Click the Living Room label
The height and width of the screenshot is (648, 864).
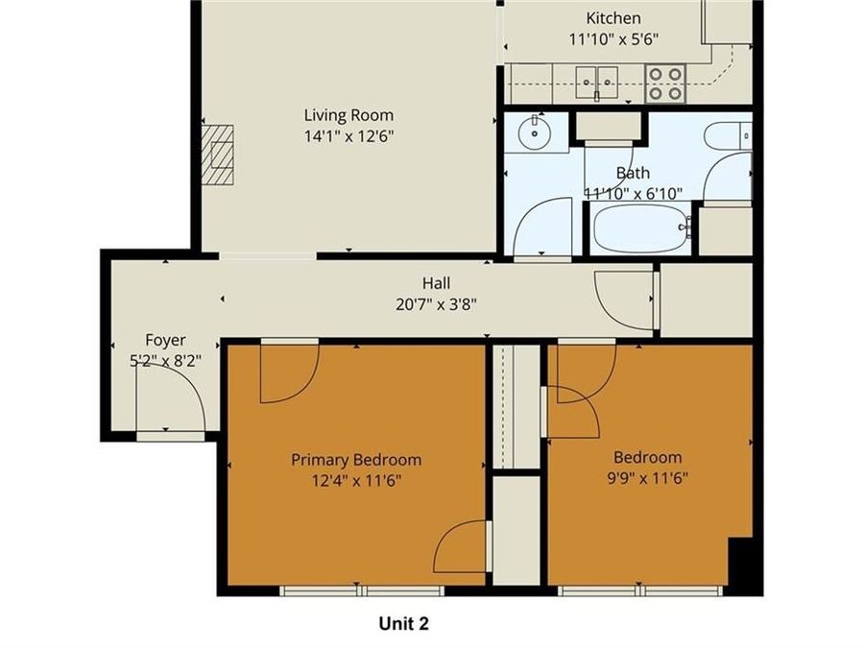pyautogui.click(x=348, y=116)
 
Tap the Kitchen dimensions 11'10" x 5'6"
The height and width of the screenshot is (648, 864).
pyautogui.click(x=612, y=39)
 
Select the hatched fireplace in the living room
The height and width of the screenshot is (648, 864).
pyautogui.click(x=221, y=154)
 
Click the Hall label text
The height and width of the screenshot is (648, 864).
pyautogui.click(x=436, y=283)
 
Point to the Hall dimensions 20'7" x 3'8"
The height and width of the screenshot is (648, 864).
pyautogui.click(x=436, y=303)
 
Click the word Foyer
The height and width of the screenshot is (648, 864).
pyautogui.click(x=165, y=340)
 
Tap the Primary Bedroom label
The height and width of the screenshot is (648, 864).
pyautogui.click(x=356, y=460)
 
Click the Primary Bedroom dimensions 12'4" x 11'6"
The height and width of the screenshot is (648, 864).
pyautogui.click(x=356, y=479)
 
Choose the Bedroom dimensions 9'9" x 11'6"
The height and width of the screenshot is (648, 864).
pyautogui.click(x=647, y=477)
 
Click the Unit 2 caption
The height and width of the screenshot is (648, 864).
pyautogui.click(x=403, y=624)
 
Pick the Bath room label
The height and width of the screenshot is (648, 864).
pyautogui.click(x=633, y=173)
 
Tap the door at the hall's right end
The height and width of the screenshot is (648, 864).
pyautogui.click(x=626, y=300)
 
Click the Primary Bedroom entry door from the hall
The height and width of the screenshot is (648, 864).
pyautogui.click(x=288, y=372)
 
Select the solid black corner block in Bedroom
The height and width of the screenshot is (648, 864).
pyautogui.click(x=746, y=564)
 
